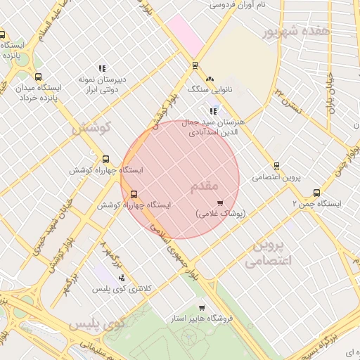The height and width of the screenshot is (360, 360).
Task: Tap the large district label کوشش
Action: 92,128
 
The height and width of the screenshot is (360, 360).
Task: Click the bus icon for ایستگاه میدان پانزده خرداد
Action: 38,77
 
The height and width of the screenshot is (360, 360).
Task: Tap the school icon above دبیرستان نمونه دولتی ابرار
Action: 102,69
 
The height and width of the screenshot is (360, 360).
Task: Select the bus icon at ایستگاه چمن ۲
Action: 316,193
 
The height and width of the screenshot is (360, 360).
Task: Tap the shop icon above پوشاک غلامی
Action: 221,202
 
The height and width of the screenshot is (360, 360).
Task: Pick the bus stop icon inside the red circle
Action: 134,195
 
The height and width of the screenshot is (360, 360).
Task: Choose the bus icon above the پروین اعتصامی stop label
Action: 276,167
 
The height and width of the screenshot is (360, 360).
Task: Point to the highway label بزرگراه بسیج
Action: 330,338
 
